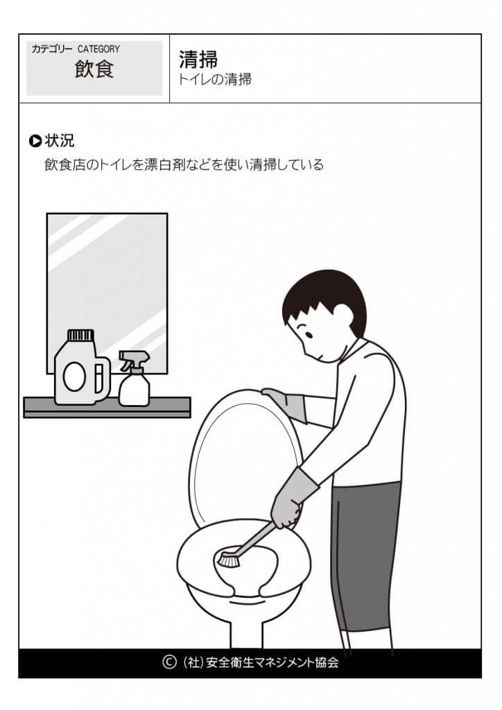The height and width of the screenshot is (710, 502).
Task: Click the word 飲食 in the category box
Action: click(x=94, y=70)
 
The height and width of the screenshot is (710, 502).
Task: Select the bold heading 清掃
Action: click(x=198, y=60)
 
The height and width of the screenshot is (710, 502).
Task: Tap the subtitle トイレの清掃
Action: click(x=215, y=80)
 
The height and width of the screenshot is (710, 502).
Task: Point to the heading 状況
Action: click(x=60, y=141)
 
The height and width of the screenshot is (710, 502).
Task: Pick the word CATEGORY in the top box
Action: click(x=98, y=49)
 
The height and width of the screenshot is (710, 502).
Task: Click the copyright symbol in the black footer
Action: click(x=169, y=662)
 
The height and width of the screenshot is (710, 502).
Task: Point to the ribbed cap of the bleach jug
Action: click(x=80, y=336)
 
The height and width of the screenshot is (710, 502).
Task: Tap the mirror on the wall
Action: click(x=107, y=277)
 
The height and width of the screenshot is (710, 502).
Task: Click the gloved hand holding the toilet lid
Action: click(x=284, y=403)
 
